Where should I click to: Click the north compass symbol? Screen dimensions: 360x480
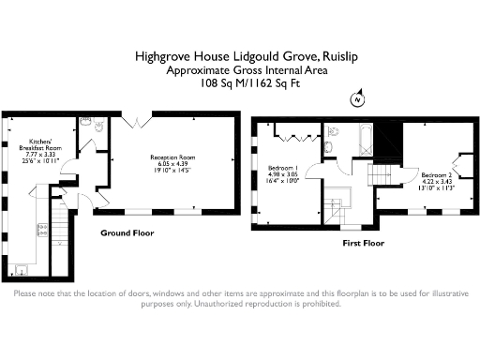click(x=355, y=98)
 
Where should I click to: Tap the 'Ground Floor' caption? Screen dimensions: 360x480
click(x=127, y=232)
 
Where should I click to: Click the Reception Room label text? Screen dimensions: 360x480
click(x=171, y=162)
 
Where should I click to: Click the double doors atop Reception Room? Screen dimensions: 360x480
click(x=136, y=123)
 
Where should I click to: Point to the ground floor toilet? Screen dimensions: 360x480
click(x=85, y=124)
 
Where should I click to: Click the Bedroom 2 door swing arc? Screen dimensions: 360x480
click(x=387, y=192)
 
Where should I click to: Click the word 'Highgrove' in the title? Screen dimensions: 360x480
click(x=162, y=57)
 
